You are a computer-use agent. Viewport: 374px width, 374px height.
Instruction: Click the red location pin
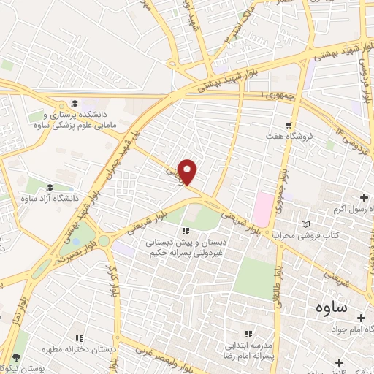coord(188,172)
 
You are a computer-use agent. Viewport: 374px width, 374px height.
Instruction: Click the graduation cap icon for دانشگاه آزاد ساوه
coord(50,187)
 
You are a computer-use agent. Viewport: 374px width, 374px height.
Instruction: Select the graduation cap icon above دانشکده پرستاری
coord(74,104)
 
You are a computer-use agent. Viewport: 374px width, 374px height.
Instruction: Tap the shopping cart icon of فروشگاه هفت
coord(290,125)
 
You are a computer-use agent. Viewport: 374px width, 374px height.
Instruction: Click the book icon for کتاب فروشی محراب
coord(305,224)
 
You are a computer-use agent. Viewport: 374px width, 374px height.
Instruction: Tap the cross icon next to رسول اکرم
coord(365,196)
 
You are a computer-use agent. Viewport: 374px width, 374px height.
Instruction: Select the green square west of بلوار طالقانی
coord(251,278)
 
